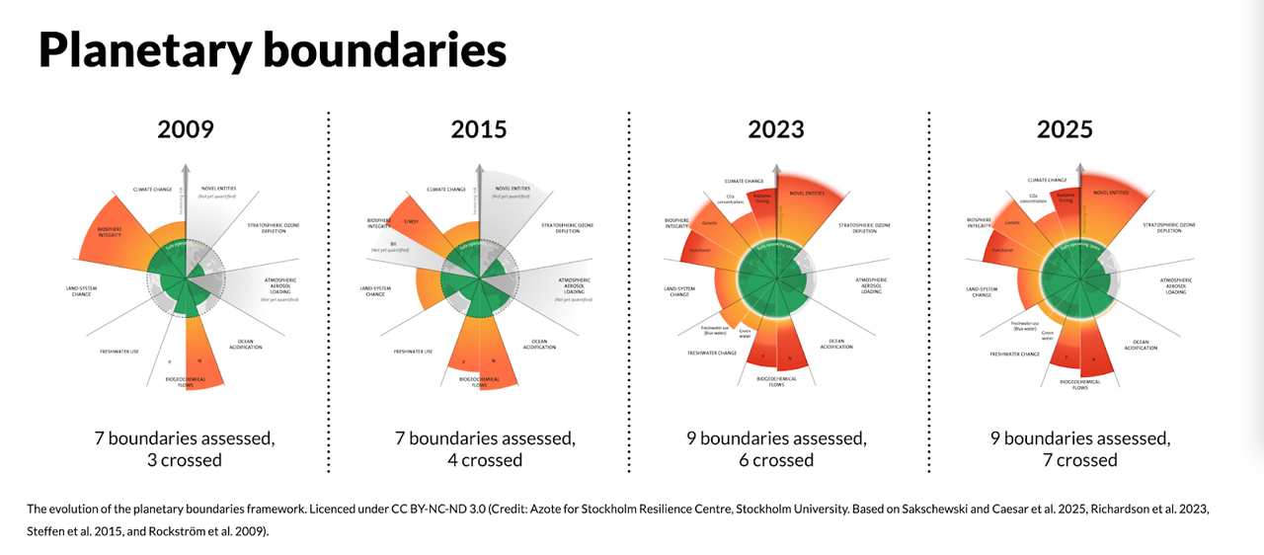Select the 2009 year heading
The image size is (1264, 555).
point(186,129)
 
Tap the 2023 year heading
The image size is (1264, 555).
point(775,129)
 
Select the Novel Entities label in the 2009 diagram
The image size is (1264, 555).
point(218,189)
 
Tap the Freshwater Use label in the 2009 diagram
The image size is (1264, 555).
point(118,352)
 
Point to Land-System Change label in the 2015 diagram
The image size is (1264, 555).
point(375,291)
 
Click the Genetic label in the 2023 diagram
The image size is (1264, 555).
point(709,224)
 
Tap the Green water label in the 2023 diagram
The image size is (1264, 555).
point(746,333)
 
